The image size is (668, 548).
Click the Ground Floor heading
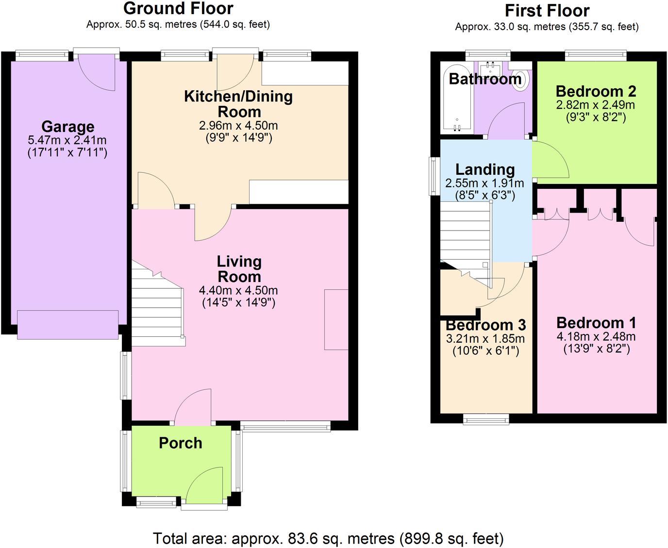[x=178, y=9]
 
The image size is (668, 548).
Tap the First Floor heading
[x=547, y=11]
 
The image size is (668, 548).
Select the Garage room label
[x=68, y=127]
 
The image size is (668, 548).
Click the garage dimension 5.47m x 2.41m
[x=67, y=140]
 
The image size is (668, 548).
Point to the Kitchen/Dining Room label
[x=238, y=104]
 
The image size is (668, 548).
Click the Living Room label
[x=239, y=269]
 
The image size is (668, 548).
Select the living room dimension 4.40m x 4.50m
[x=238, y=290]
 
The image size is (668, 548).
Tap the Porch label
[x=180, y=443]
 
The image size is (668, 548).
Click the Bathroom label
[x=484, y=79]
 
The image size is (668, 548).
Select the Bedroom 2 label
[x=596, y=91]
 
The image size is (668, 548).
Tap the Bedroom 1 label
[x=596, y=323]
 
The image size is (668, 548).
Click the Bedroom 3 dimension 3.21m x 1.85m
[x=485, y=339]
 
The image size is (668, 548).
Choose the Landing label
[x=484, y=169]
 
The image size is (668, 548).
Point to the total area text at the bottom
[x=328, y=538]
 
